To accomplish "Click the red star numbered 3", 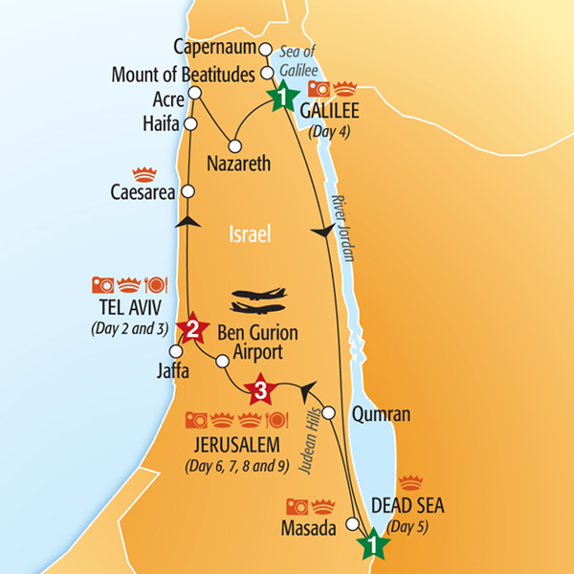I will [259, 390].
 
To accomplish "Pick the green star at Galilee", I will [282, 97].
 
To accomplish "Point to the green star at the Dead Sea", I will [373, 545].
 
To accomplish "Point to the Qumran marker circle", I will [328, 412].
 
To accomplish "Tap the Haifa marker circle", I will [190, 124].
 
